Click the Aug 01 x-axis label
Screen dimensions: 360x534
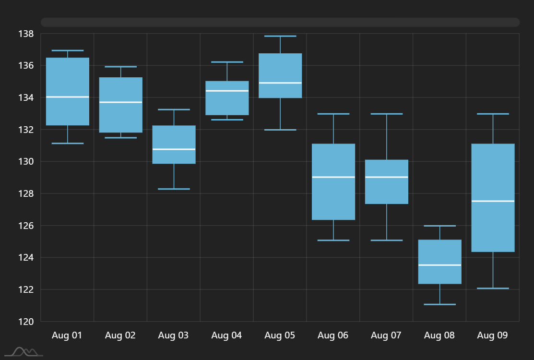67,336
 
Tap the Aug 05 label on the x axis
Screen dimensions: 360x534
280,336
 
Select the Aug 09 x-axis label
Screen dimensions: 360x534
492,336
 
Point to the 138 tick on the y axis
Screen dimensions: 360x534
26,34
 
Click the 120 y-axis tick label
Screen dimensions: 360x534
26,322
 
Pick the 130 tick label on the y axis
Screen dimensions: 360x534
26,162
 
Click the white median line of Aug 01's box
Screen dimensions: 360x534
67,97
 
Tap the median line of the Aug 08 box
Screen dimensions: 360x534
439,265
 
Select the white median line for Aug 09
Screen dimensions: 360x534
493,201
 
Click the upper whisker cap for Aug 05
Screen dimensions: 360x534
280,36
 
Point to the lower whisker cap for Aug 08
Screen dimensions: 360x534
439,304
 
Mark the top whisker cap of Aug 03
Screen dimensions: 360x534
174,109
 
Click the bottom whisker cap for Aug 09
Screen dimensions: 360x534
493,288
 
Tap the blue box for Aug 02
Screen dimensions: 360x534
120,115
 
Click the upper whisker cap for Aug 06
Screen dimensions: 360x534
333,114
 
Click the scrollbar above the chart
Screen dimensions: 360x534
280,22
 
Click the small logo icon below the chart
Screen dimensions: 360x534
27,352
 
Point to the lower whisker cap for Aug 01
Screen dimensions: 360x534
67,143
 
